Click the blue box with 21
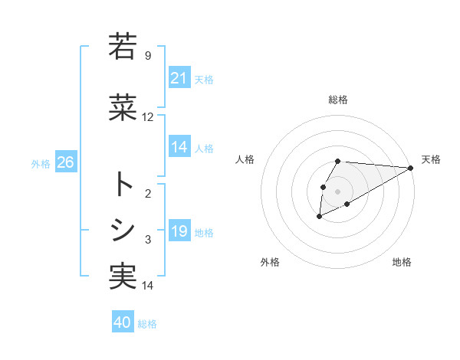(179, 78)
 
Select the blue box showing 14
(179, 148)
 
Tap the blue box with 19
(179, 232)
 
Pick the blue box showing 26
(65, 162)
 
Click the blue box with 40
(123, 322)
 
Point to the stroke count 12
(148, 117)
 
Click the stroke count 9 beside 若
(148, 55)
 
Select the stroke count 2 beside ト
(148, 194)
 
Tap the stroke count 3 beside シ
(148, 240)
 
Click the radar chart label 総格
(338, 100)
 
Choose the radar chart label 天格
(431, 159)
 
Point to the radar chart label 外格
(270, 262)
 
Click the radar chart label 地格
(402, 262)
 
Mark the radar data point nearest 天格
(411, 168)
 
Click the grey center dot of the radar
(338, 191)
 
